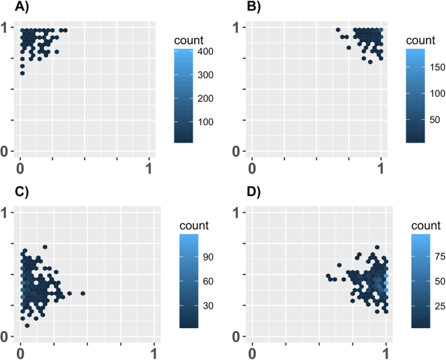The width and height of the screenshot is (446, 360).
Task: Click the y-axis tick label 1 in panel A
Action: click(x=5, y=27)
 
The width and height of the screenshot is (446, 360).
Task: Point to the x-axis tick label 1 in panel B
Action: click(x=382, y=167)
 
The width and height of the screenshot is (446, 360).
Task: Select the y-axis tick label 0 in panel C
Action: click(x=5, y=337)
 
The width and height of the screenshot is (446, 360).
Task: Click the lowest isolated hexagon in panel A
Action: click(x=22, y=73)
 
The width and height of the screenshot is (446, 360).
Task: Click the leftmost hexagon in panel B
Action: click(x=337, y=30)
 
